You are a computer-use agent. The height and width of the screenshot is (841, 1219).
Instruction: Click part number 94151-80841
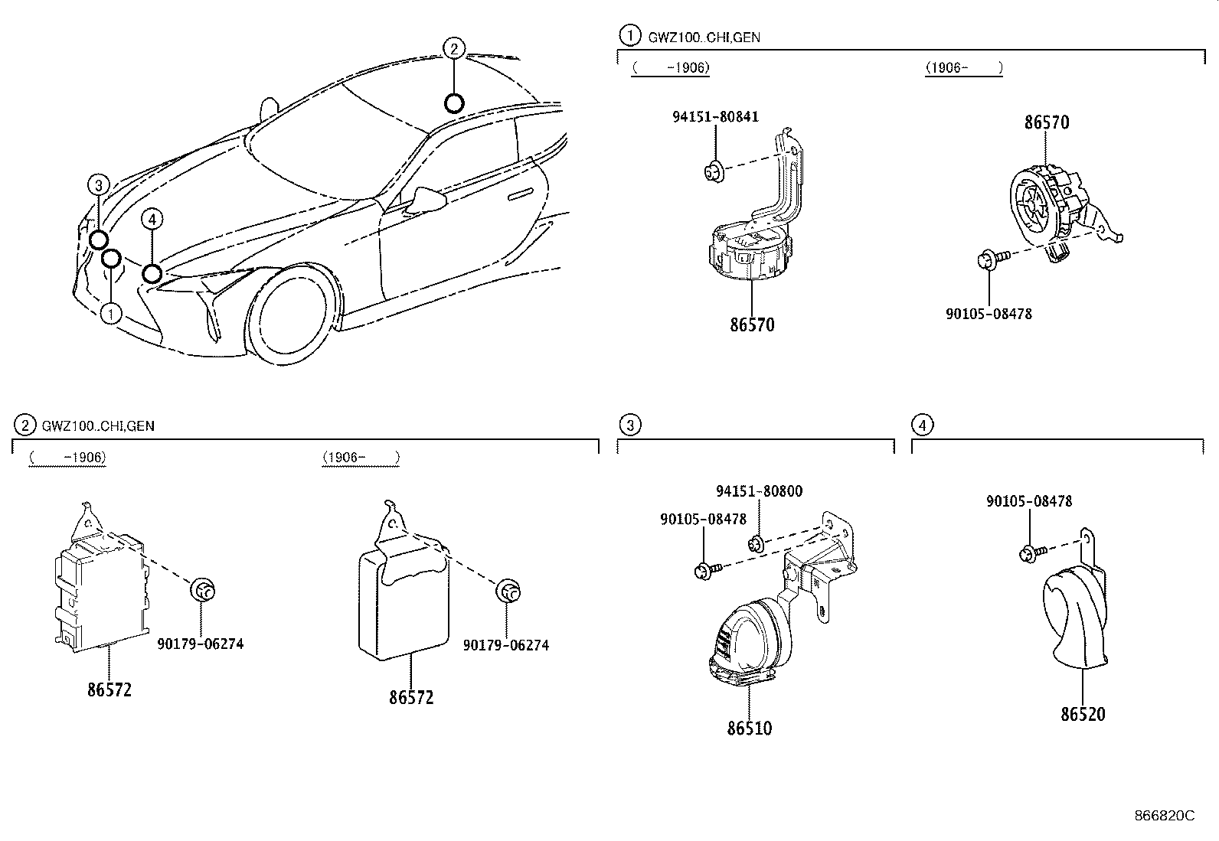(x=715, y=117)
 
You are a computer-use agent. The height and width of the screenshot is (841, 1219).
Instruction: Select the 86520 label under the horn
(x=1083, y=715)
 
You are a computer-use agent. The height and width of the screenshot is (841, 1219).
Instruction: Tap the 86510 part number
(x=750, y=729)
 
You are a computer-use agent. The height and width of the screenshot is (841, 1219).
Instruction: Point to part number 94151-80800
(x=759, y=491)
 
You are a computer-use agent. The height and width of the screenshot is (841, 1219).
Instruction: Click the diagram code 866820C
(x=1164, y=816)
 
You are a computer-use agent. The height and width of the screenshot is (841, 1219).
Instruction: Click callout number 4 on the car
(x=152, y=220)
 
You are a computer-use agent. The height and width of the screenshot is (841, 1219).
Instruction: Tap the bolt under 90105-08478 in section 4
(x=1031, y=552)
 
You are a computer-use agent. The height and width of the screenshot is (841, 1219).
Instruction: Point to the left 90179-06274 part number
(x=201, y=644)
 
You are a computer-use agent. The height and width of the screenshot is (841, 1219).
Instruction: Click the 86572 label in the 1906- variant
(x=411, y=698)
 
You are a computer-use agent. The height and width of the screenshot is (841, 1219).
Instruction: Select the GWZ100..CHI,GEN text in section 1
(x=704, y=37)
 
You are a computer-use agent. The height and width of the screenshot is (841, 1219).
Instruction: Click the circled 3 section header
(x=629, y=425)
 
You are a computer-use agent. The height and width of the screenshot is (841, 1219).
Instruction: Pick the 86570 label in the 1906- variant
(x=1047, y=122)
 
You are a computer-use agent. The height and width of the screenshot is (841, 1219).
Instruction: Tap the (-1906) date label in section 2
(x=68, y=458)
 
